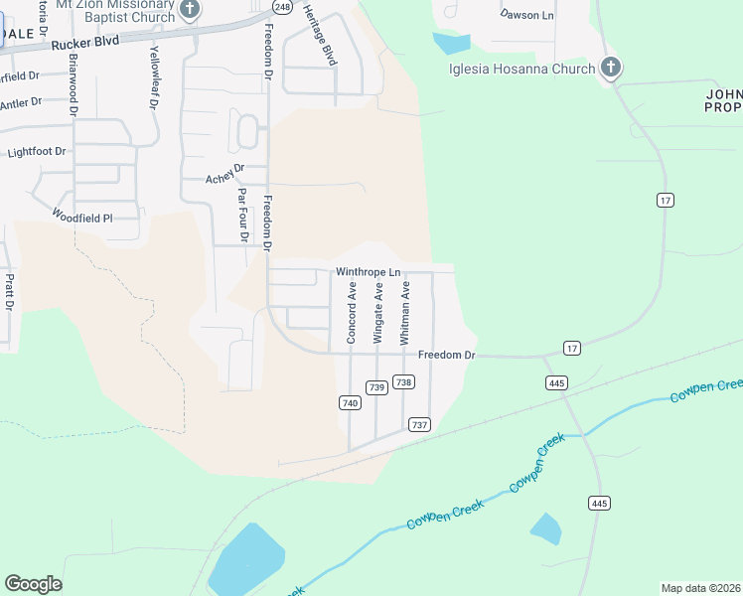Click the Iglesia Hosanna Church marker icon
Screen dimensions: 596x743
pyautogui.click(x=611, y=69)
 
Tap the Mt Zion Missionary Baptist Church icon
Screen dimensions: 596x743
pyautogui.click(x=191, y=9)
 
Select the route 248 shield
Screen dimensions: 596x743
pyautogui.click(x=283, y=7)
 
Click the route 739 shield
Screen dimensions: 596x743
pyautogui.click(x=375, y=387)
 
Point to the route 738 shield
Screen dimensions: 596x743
pyautogui.click(x=403, y=381)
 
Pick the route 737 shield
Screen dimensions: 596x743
pyautogui.click(x=419, y=424)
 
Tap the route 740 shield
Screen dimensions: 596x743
pyautogui.click(x=349, y=402)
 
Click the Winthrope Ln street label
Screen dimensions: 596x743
pyautogui.click(x=368, y=271)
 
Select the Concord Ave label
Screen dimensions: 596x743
pyautogui.click(x=352, y=313)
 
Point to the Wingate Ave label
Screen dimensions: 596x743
pyautogui.click(x=378, y=313)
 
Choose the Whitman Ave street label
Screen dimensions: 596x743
pyautogui.click(x=405, y=313)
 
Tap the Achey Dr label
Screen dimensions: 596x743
pyautogui.click(x=223, y=175)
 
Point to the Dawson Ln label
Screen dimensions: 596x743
pyautogui.click(x=526, y=15)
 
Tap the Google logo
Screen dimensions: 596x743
pyautogui.click(x=33, y=584)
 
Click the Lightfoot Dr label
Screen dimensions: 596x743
pyautogui.click(x=36, y=152)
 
